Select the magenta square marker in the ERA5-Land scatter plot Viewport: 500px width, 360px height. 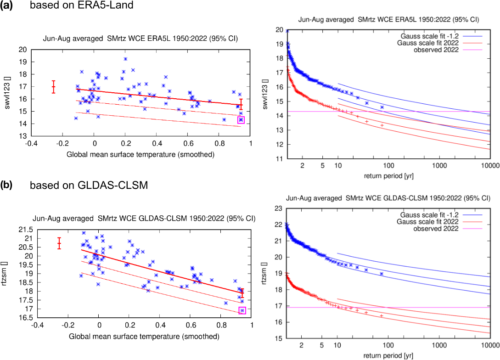pyautogui.click(x=241, y=120)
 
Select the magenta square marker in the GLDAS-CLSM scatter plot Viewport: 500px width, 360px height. pyautogui.click(x=242, y=310)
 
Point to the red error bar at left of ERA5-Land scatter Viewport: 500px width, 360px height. pyautogui.click(x=53, y=86)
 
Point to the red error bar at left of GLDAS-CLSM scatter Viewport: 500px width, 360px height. pyautogui.click(x=59, y=243)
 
